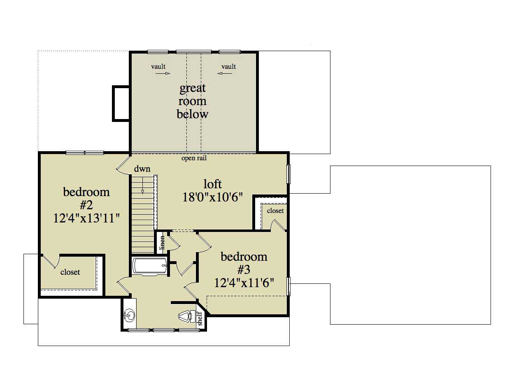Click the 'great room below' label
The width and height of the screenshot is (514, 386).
pos(192,101)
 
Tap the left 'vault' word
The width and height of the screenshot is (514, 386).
pos(158,66)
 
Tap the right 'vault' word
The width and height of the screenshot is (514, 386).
pos(229,66)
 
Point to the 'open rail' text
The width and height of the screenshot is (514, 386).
pos(194,158)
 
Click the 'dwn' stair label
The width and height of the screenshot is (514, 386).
pos(142,169)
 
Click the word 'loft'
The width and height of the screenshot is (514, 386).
pos(213,183)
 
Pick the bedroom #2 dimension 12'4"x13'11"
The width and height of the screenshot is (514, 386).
pos(86,218)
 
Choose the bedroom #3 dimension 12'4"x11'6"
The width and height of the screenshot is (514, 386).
pos(244,283)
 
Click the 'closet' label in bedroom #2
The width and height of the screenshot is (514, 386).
pos(70,272)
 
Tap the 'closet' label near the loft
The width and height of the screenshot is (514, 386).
pos(275,211)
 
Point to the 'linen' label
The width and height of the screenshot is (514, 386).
pos(162,242)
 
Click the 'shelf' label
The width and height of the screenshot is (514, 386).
pos(200,319)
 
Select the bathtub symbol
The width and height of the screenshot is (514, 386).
pos(150,266)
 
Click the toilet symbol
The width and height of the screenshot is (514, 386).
pos(185,316)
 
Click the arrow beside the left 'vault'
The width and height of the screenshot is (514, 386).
pos(163,74)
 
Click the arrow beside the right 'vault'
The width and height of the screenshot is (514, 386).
pos(225,74)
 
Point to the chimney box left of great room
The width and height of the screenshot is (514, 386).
pos(121,103)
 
